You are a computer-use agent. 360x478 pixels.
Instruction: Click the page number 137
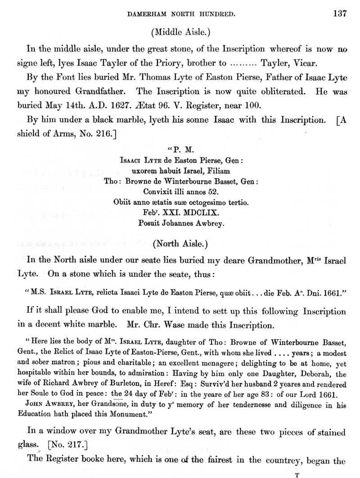[340, 13]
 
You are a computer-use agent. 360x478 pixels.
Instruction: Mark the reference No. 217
[67, 445]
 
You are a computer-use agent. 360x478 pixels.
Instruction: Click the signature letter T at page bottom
[297, 474]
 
